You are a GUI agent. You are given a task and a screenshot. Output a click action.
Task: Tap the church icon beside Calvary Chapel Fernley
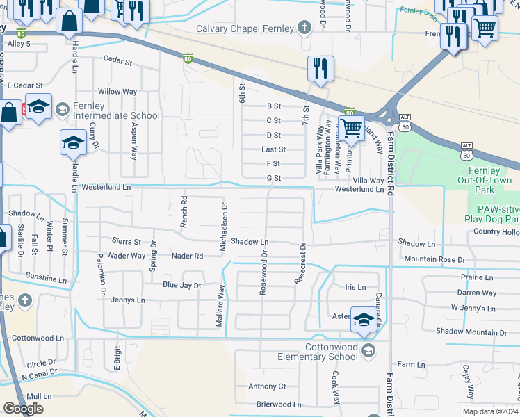pyautogui.click(x=304, y=28)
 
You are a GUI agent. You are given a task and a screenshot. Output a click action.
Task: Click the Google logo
pyautogui.click(x=23, y=408)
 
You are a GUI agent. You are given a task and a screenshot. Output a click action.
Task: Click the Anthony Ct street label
pyautogui.click(x=267, y=386)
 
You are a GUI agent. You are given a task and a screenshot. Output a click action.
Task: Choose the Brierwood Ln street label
pyautogui.click(x=278, y=404)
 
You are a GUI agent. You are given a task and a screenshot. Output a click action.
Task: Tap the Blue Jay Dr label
pyautogui.click(x=181, y=285)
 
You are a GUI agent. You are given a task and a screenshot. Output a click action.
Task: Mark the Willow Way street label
pyautogui.click(x=117, y=92)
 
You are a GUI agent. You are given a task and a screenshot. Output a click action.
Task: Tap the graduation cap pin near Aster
pyautogui.click(x=362, y=320)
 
